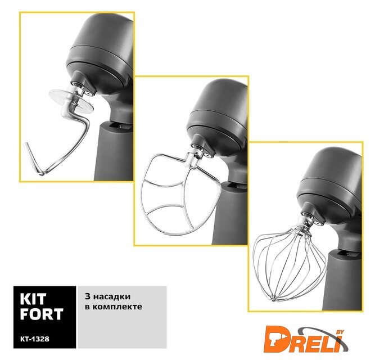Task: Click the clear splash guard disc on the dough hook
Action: click(x=71, y=101)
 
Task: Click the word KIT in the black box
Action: click(x=33, y=299)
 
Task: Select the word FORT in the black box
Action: click(x=42, y=314)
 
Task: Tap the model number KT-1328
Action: click(x=35, y=339)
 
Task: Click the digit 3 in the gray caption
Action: click(x=88, y=296)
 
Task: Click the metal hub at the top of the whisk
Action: click(x=302, y=224)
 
